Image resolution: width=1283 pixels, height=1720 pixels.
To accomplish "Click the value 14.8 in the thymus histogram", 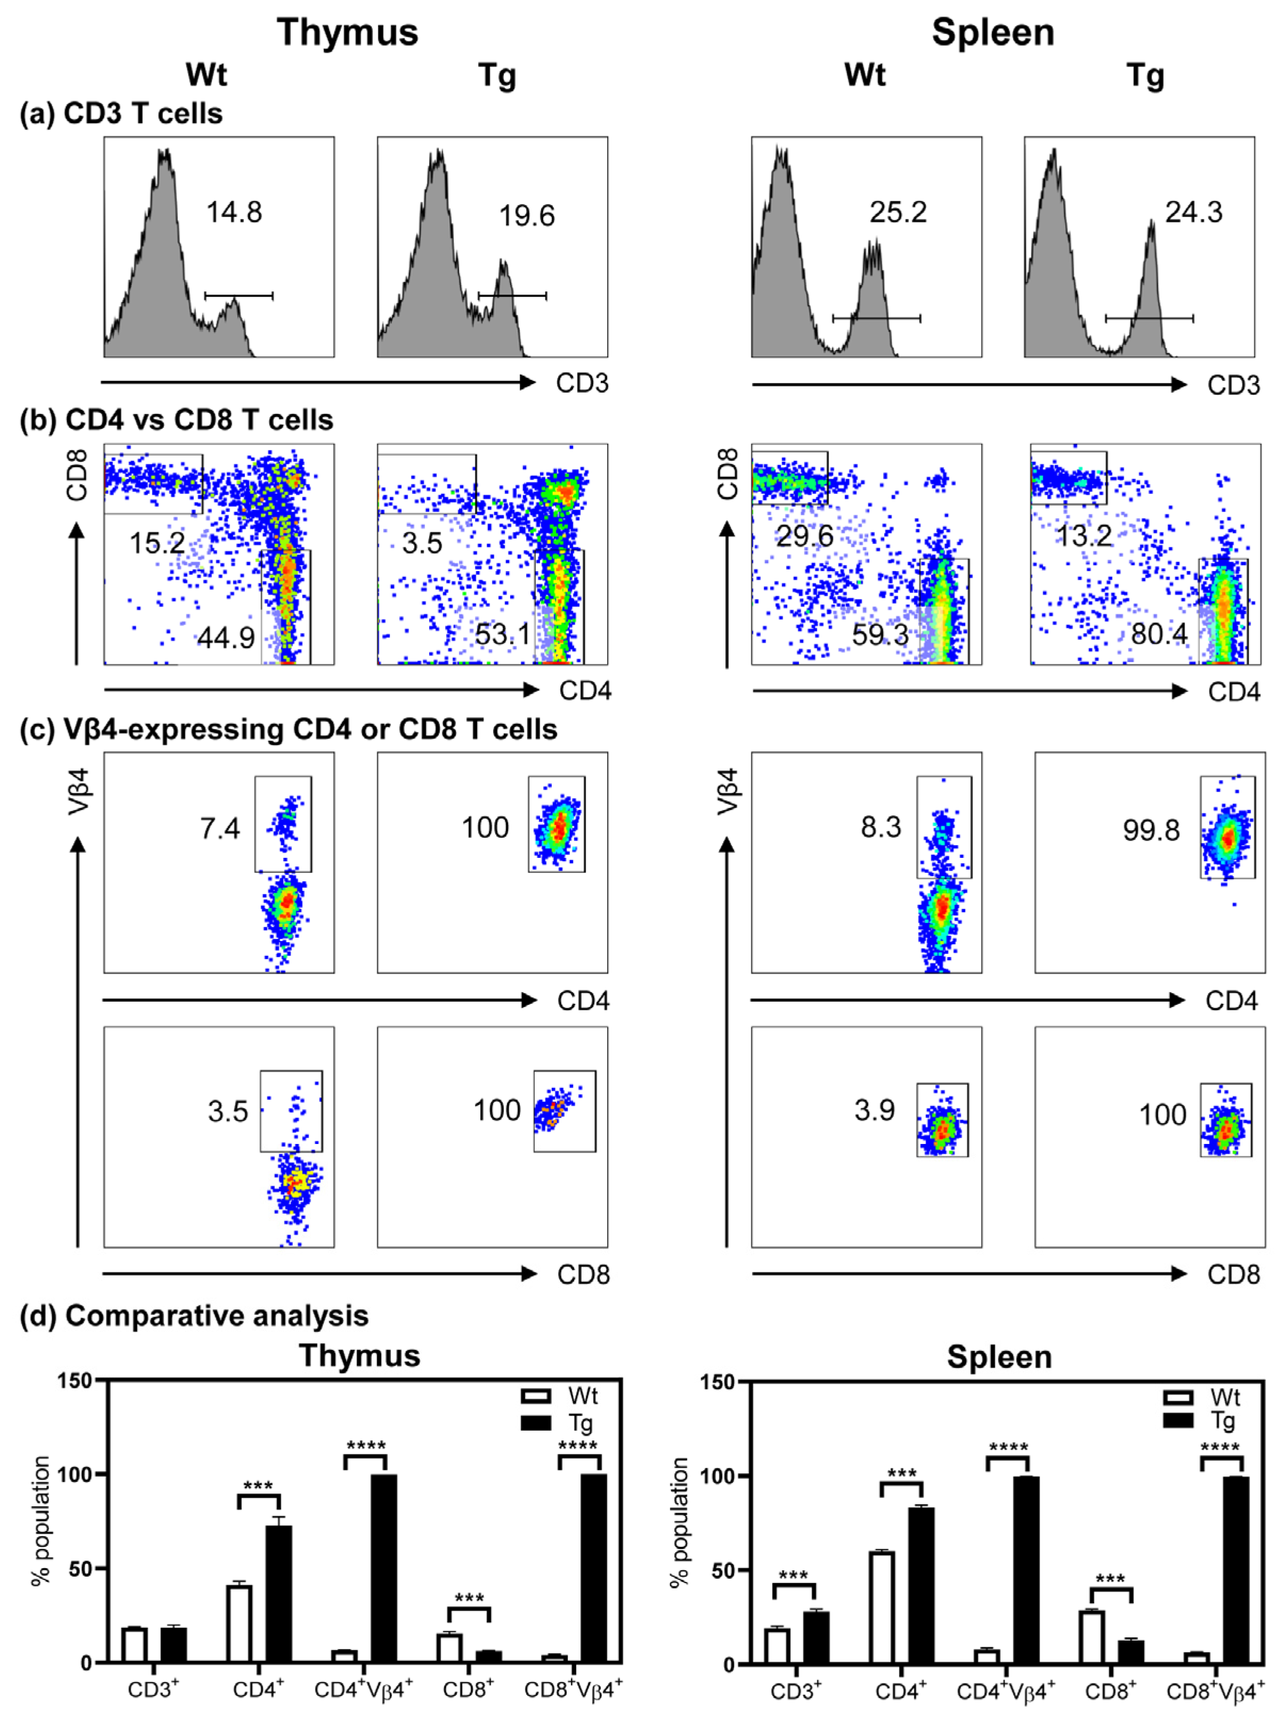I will click(234, 212).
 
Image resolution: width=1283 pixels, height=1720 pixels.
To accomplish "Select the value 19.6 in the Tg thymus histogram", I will click(527, 216).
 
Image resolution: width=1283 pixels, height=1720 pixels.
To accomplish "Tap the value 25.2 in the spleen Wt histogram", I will click(898, 212).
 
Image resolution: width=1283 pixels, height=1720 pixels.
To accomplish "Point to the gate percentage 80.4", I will click(1159, 634).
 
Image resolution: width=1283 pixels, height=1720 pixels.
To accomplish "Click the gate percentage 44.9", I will click(226, 638).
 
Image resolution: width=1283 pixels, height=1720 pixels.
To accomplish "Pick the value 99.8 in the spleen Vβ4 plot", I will click(1151, 831).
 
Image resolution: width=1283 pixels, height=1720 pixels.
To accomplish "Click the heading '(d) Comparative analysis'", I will click(194, 1316).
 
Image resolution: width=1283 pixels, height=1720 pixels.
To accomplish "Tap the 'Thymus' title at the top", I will click(347, 33).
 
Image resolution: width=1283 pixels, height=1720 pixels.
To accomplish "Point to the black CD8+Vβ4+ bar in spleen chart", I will click(1236, 1569).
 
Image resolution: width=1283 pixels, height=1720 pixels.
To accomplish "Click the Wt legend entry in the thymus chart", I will click(560, 1396).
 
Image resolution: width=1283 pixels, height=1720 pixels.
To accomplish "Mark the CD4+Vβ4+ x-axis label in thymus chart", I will click(363, 1691).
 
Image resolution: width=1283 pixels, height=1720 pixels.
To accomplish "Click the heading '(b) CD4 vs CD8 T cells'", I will click(176, 420).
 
